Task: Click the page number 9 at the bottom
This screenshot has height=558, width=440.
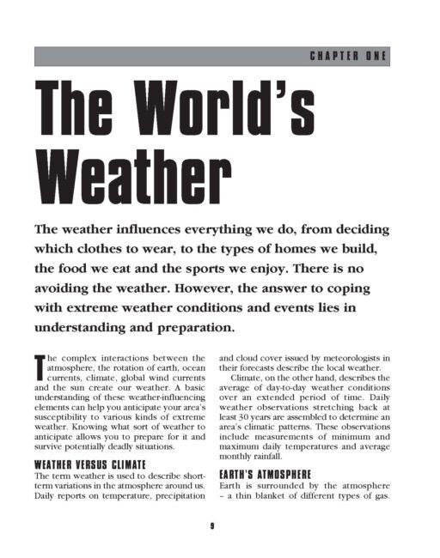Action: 211,525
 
